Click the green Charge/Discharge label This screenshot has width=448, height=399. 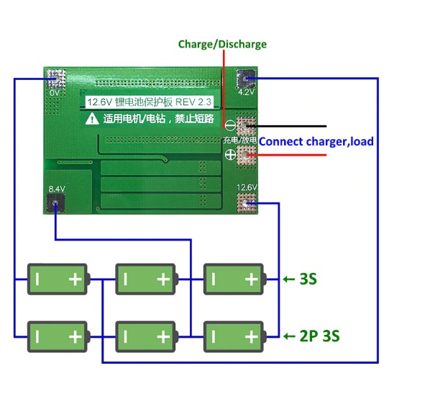point(222,44)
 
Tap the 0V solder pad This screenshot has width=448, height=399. point(56,78)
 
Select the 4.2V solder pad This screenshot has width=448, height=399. point(246,79)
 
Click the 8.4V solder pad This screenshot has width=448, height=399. point(55,203)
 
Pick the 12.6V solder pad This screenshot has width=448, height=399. point(246,203)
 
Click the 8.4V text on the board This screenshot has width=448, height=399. point(57,189)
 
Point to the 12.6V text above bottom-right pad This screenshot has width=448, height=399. point(247,187)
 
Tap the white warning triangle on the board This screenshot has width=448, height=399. point(92,119)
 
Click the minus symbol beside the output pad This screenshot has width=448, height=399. point(230,125)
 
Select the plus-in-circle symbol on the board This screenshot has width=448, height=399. point(230,155)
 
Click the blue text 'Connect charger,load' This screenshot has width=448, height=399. point(316,142)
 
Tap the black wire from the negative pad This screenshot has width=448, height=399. point(286,126)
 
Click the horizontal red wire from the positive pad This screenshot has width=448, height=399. point(286,155)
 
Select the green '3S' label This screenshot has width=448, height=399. point(308,279)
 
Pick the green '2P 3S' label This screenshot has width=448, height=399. point(319,336)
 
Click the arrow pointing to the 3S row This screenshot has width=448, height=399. point(289,279)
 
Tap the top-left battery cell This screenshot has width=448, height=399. point(58,279)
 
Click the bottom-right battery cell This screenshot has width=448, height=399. point(235,336)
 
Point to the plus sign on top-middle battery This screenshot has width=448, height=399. point(163,279)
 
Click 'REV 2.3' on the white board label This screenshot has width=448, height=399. point(193,102)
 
